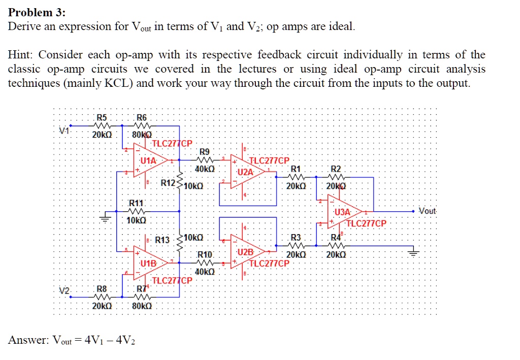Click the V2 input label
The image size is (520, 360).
(x=64, y=291)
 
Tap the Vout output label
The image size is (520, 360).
(x=428, y=211)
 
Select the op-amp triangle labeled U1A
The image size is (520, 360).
(x=147, y=160)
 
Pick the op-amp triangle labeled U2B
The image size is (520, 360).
(x=246, y=252)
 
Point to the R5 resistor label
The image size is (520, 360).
(x=102, y=117)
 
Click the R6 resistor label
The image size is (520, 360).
(x=142, y=117)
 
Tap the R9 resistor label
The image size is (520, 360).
(x=204, y=151)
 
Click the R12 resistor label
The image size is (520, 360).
(x=168, y=183)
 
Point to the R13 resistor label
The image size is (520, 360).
(x=162, y=239)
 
